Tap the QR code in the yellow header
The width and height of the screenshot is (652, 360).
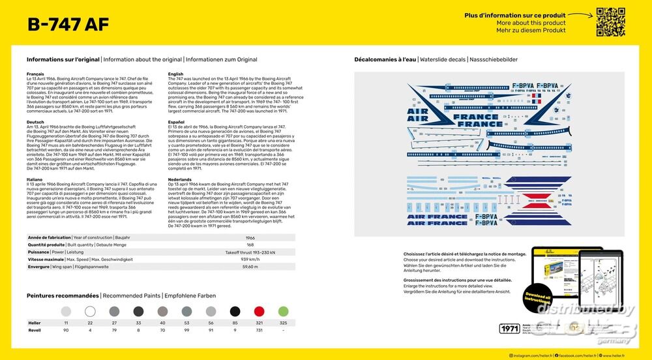(x=610, y=22)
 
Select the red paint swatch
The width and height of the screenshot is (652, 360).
(x=259, y=311)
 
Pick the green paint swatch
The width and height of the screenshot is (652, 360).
(x=283, y=311)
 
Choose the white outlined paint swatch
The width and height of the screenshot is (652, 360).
(x=90, y=311)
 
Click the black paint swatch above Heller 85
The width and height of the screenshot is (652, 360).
(x=235, y=311)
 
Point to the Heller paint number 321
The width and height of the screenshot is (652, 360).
(x=259, y=323)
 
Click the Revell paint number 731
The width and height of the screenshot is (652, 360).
(x=259, y=330)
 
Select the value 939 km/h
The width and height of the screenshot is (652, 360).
(x=250, y=259)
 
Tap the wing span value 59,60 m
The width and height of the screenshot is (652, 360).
(x=250, y=267)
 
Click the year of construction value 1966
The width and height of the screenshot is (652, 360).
(x=250, y=237)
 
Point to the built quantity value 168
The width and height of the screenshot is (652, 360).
(x=250, y=245)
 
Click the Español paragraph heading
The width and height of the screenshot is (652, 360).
(x=176, y=121)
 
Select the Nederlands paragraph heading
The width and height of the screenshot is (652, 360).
(x=179, y=179)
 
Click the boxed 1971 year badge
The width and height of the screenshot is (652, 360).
(x=509, y=329)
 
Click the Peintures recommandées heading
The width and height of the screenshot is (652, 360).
(x=63, y=295)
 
